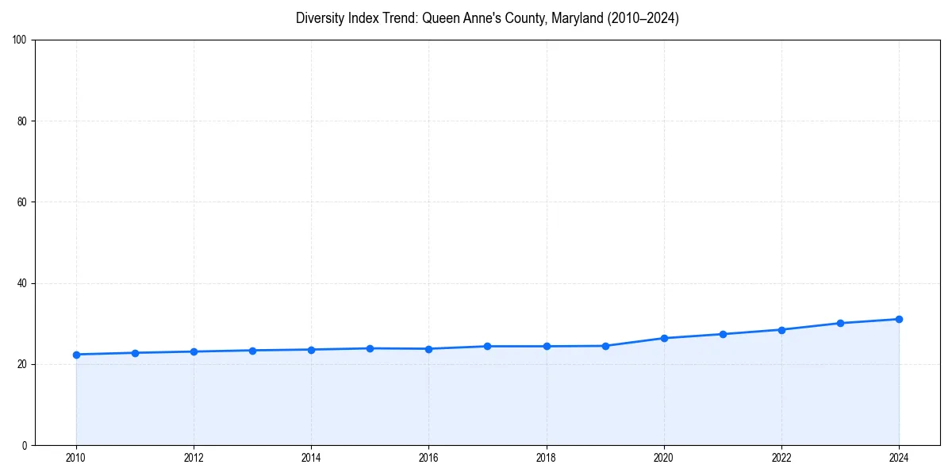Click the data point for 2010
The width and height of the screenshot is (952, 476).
tap(76, 355)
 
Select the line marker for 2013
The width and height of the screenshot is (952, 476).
tap(252, 351)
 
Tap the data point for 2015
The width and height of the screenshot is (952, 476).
tap(370, 348)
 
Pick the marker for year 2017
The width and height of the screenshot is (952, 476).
tap(487, 346)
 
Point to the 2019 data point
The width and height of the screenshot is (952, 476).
tap(605, 346)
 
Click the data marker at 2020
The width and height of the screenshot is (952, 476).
tap(664, 338)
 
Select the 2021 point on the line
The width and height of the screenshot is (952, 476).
tap(723, 334)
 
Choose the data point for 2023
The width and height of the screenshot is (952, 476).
tap(840, 323)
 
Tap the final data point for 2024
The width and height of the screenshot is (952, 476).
tap(899, 319)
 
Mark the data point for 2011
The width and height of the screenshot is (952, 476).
tap(135, 353)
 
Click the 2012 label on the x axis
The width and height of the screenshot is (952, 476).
tap(194, 458)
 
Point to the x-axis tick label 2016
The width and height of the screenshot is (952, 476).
tap(428, 458)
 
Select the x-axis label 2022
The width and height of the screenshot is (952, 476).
tap(781, 458)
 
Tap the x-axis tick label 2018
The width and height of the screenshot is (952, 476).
tap(546, 458)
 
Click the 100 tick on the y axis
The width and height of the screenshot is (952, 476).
tap(21, 40)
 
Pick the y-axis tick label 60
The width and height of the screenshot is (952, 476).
tap(23, 202)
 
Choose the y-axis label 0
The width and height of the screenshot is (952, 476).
tap(25, 445)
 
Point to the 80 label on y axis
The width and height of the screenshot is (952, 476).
tap(23, 121)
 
